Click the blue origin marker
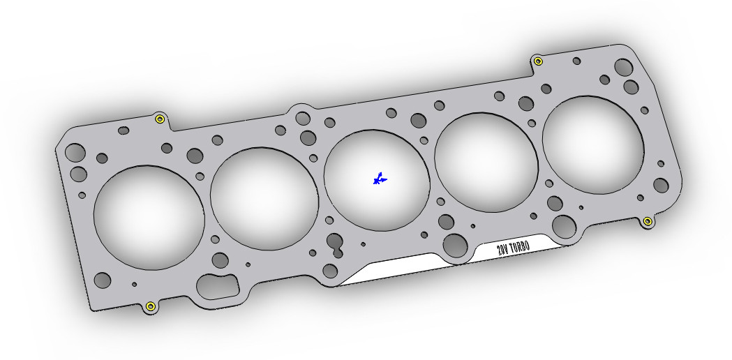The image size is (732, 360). pos(379,179)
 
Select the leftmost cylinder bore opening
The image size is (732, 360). pos(149,216)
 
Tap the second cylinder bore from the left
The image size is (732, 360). pos(264,198)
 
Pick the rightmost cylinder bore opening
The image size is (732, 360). pos(592,145)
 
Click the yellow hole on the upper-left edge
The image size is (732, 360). pos(160,119)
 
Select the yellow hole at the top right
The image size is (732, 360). pos(538,61)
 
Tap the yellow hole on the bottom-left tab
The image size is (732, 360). pos(149,306)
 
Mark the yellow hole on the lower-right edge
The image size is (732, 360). pos(648,221)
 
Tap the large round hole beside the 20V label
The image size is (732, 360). pos(455,245)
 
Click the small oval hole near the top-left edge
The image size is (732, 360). pos(124,130)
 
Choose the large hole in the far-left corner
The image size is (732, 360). pos(75,153)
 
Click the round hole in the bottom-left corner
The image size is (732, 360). pos(103,280)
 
